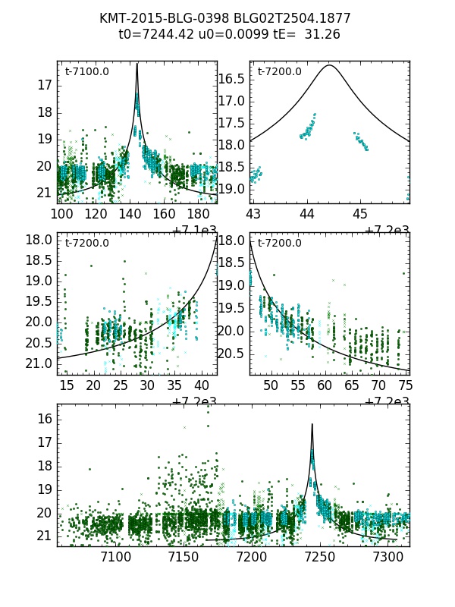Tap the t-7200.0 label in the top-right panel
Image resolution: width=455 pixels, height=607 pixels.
(x=280, y=72)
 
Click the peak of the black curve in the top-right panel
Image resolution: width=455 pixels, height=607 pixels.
(x=329, y=65)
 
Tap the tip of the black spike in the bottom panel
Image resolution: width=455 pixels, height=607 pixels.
(x=312, y=424)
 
